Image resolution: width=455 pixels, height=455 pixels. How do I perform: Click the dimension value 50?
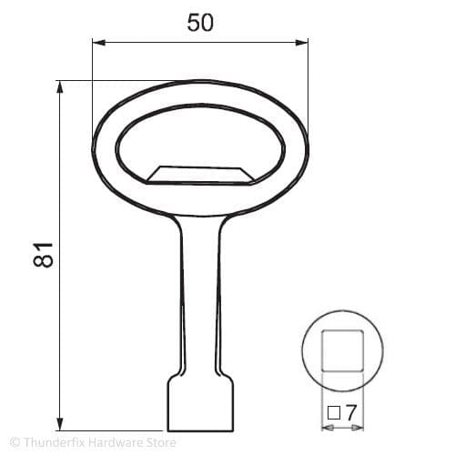coord(200,23)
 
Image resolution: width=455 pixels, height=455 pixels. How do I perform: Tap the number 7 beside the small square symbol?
coord(350,412)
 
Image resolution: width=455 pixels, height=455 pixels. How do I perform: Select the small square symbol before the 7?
coord(333,412)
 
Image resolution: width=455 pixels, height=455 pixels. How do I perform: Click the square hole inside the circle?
coord(344,349)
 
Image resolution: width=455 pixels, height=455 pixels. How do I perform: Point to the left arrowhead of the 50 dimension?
coord(96,41)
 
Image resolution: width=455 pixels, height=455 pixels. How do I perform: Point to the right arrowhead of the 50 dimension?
coord(303,41)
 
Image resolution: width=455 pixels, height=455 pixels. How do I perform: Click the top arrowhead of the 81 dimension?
coord(61,86)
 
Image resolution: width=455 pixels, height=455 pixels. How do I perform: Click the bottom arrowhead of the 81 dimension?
coord(61,425)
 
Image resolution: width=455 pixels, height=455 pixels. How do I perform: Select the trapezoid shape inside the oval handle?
coord(200,173)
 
